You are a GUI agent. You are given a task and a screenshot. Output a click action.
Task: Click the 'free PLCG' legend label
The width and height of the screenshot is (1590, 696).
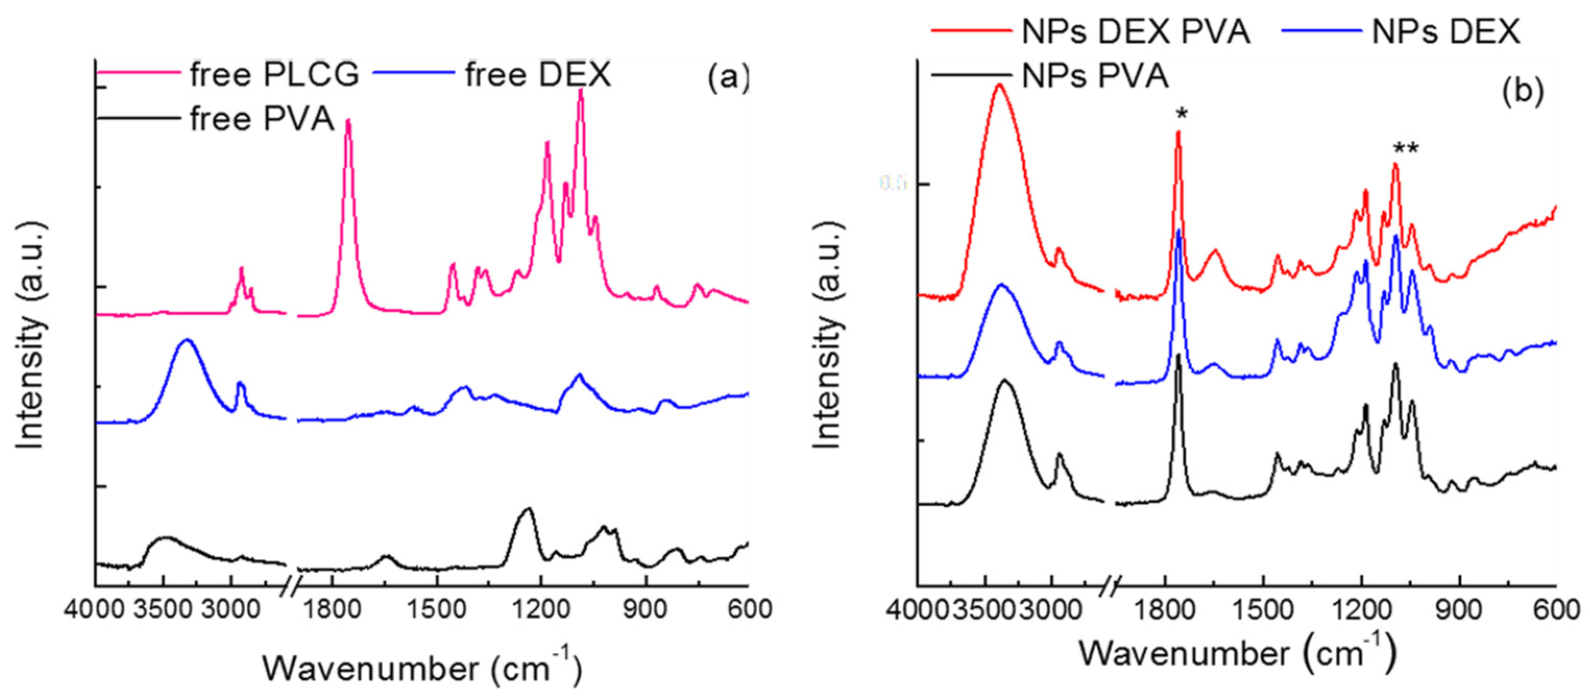point(273,75)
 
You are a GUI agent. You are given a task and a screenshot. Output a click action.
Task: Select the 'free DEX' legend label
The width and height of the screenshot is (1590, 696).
point(538,75)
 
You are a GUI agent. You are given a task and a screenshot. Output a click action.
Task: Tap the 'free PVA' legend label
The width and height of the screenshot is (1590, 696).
point(262,119)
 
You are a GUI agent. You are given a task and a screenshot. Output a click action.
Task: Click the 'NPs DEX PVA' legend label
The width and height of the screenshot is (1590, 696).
point(1136,31)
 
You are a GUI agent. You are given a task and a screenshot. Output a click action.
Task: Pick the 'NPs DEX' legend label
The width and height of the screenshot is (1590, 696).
point(1446,31)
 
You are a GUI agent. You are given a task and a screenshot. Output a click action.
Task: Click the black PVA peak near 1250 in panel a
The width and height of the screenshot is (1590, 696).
point(528,510)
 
